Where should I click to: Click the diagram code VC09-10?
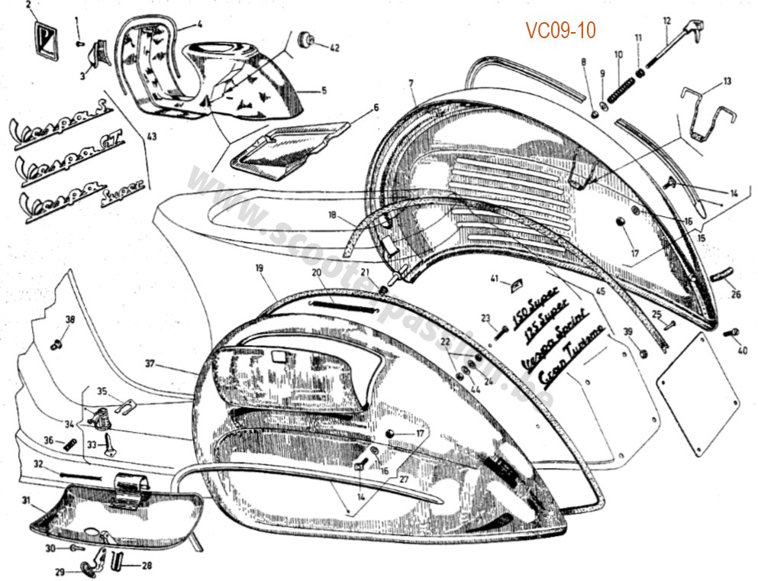(560, 30)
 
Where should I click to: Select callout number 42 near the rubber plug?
(334, 47)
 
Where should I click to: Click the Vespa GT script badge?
(71, 163)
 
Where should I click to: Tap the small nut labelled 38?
(56, 344)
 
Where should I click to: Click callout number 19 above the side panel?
(259, 268)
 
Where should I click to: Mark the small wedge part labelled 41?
(516, 284)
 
